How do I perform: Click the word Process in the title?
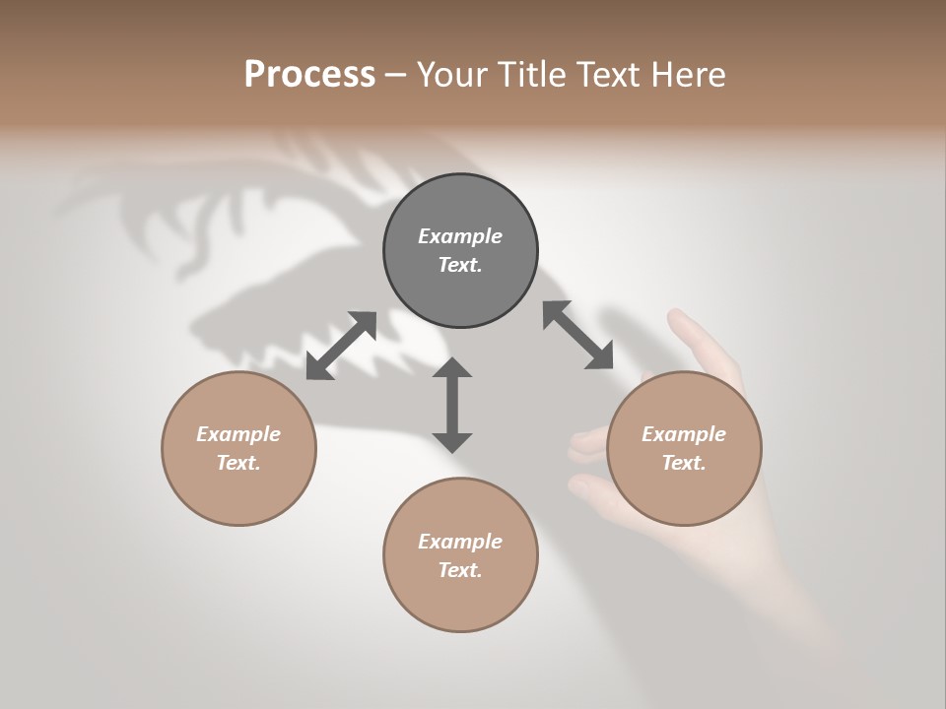309,75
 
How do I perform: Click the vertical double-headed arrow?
452,405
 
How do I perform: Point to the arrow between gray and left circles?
341,346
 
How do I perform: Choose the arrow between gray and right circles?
578,336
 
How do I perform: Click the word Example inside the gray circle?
460,236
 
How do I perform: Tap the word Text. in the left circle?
238,463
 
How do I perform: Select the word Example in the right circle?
684,434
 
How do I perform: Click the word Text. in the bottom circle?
460,570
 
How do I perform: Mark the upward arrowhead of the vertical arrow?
452,367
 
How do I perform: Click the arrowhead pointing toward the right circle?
600,357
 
